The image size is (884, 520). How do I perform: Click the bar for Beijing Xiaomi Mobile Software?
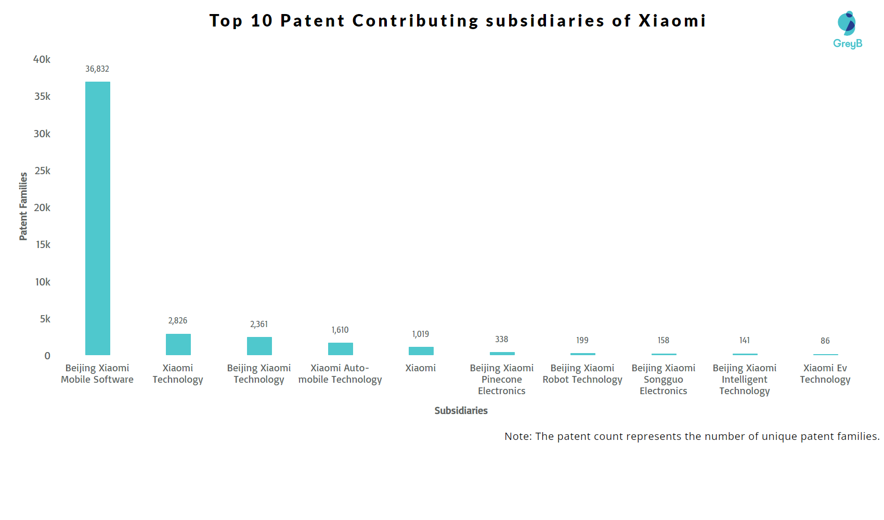(98, 218)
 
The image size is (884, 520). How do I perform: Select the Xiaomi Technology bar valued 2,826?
(178, 345)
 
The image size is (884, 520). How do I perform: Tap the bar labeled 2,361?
(259, 346)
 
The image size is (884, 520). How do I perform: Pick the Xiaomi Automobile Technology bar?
(341, 349)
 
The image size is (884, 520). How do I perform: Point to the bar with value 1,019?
(421, 351)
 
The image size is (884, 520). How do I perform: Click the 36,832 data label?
(97, 69)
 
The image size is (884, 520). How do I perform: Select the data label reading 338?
(502, 340)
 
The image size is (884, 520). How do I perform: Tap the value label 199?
(582, 341)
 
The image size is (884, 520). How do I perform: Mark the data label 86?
(825, 341)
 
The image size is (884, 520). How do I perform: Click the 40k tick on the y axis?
(42, 59)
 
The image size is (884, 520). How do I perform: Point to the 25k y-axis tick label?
(42, 171)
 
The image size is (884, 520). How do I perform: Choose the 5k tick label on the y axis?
(45, 319)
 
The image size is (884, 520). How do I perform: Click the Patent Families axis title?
(23, 206)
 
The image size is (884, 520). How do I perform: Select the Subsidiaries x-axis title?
(461, 411)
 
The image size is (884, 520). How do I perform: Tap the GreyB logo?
(848, 30)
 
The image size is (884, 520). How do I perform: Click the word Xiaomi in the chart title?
(672, 21)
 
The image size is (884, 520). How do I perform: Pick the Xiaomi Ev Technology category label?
(825, 374)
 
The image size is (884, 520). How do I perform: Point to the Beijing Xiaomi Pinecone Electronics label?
(502, 380)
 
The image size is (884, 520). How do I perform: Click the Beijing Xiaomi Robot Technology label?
(582, 374)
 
